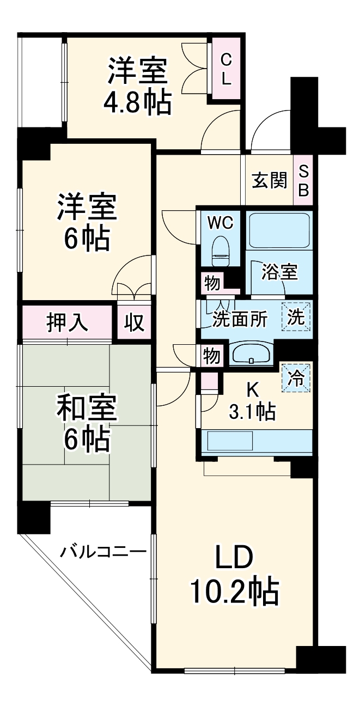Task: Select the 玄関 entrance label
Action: [x=269, y=181]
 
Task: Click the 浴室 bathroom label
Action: [x=279, y=272]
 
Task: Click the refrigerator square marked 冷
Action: [x=296, y=377]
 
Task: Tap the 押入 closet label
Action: [x=66, y=323]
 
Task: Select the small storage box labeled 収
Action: [x=134, y=323]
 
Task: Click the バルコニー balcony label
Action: [x=103, y=552]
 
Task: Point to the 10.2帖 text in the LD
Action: [x=234, y=590]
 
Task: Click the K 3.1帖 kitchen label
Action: [x=252, y=403]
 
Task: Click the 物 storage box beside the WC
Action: [x=212, y=283]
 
